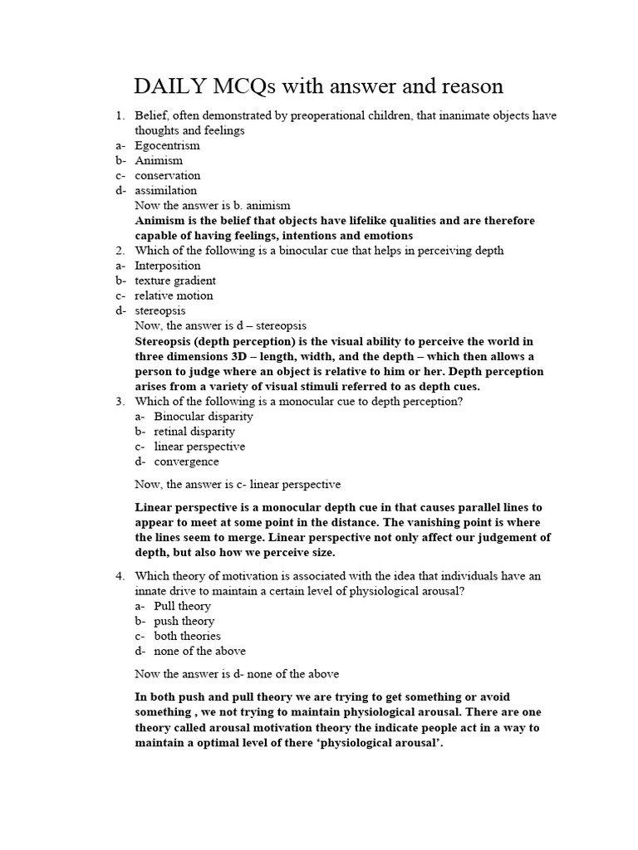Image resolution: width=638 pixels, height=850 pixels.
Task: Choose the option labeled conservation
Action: [x=167, y=175]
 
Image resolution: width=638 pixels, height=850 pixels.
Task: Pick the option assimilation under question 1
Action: [x=166, y=190]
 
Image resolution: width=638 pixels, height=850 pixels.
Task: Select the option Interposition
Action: [x=169, y=266]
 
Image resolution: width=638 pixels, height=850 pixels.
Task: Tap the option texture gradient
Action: [x=175, y=281]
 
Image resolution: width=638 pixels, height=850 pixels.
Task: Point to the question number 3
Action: [x=119, y=401]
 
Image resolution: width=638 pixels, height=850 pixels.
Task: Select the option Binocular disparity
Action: [x=204, y=416]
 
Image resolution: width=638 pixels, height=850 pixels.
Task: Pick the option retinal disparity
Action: [x=194, y=431]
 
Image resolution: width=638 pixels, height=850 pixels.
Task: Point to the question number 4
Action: [x=119, y=575]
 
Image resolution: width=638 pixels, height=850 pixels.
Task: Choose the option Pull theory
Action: [x=182, y=606]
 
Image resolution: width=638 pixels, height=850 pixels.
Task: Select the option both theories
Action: [x=187, y=636]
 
